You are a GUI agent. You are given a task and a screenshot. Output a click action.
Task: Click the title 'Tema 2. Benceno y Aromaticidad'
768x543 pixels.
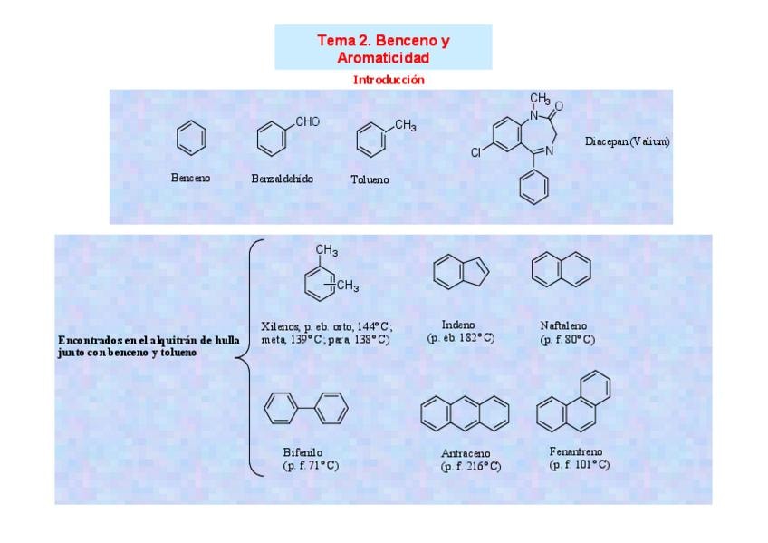(383, 49)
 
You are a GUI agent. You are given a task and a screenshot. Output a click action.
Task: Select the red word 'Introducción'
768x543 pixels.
(389, 80)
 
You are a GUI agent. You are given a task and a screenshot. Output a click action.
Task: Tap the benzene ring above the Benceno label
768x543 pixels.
(190, 139)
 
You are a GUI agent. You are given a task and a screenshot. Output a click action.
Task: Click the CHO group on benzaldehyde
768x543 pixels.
(308, 121)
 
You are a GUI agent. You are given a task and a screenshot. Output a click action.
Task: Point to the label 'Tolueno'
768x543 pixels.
(370, 179)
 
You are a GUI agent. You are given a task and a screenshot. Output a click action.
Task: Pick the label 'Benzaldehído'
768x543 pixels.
(282, 179)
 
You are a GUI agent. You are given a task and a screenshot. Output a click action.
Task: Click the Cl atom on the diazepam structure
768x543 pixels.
(475, 153)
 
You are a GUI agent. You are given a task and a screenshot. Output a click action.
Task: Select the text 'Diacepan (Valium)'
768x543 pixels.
(628, 141)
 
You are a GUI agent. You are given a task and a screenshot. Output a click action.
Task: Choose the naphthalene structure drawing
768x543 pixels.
(561, 267)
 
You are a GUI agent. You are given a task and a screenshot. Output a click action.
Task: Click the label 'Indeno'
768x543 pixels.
(458, 325)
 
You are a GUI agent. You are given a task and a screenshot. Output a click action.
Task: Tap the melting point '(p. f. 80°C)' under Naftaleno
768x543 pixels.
(567, 340)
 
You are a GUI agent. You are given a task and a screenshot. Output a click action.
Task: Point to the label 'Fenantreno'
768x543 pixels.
(575, 451)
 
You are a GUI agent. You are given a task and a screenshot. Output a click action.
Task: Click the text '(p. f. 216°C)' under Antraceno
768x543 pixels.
(470, 467)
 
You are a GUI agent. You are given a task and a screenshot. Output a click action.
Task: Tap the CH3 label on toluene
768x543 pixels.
(405, 125)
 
